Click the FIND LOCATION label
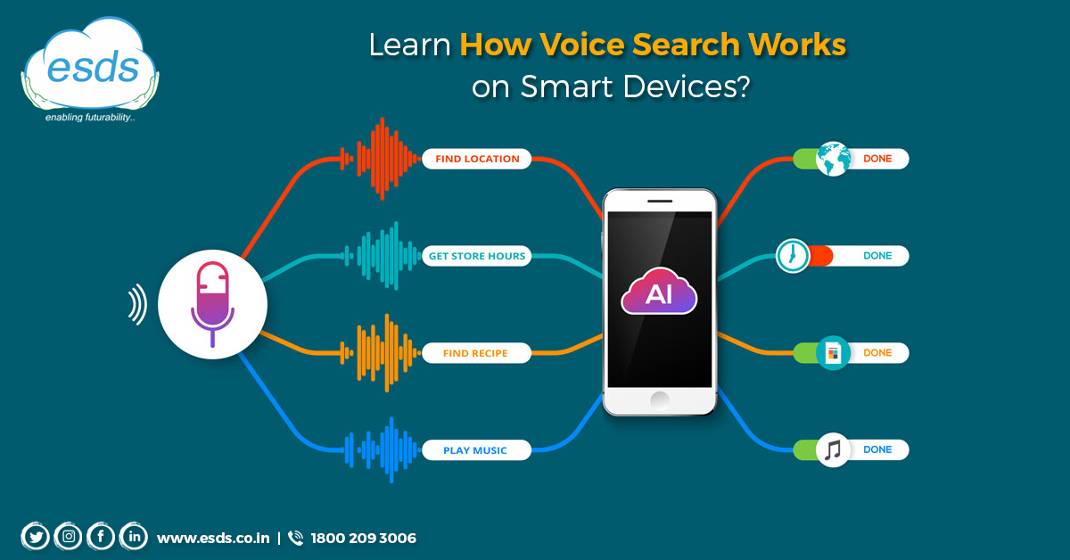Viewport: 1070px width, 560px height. [477, 159]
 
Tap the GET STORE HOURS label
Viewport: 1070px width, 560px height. [477, 256]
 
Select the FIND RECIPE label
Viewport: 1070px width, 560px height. [477, 353]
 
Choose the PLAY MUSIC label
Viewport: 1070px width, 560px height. [477, 450]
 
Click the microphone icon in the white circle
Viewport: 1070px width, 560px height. [212, 304]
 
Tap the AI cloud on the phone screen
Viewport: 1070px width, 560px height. [659, 291]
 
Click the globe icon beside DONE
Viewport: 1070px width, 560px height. [833, 159]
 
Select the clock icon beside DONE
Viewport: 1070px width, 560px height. [793, 256]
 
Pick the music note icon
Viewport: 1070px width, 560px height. [833, 449]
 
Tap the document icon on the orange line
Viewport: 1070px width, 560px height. [833, 353]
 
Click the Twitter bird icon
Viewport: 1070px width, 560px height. [36, 537]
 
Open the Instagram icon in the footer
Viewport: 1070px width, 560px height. [69, 537]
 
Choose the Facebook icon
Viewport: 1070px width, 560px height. [101, 537]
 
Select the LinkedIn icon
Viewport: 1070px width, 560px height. [134, 537]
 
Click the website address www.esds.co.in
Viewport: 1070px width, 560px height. [213, 538]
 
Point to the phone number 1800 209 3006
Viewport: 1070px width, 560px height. [363, 538]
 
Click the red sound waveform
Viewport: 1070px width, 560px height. [381, 159]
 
